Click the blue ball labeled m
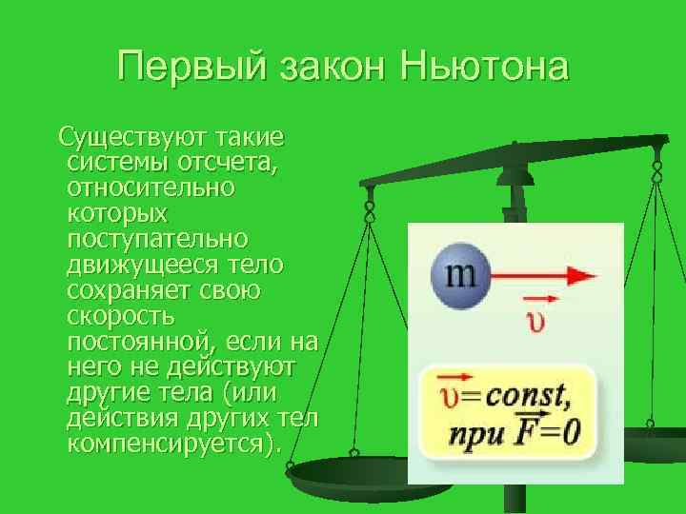[459, 276]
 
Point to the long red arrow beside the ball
[543, 276]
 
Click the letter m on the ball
[460, 274]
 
